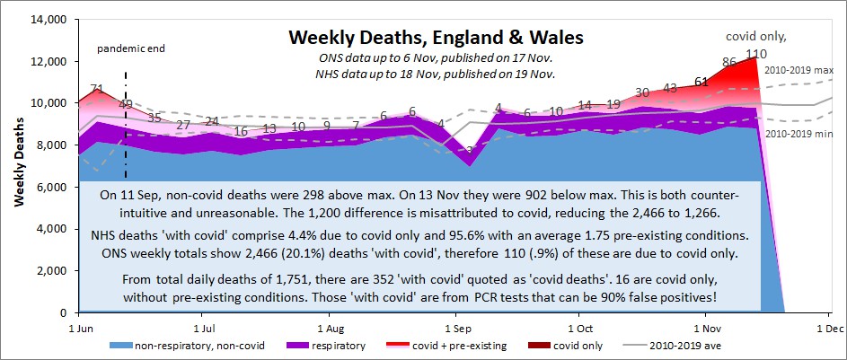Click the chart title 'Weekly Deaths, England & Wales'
point(435,39)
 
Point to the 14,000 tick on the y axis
point(49,19)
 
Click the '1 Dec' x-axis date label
point(827,329)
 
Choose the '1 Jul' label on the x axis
point(204,329)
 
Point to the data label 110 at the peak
point(755,54)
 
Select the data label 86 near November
point(729,62)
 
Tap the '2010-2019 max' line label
point(807,69)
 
